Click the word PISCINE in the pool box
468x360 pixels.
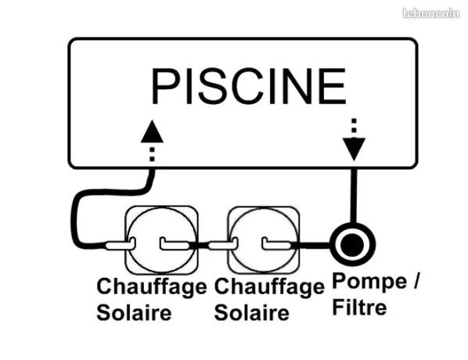[249, 86]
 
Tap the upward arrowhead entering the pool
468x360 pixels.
[152, 131]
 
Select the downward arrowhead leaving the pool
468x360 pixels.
[354, 149]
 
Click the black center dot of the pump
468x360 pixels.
[352, 244]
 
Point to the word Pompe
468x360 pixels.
[369, 281]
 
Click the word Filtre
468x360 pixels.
[359, 308]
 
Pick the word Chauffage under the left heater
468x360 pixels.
[152, 287]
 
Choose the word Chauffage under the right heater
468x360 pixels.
[269, 287]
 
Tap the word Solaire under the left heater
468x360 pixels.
[134, 313]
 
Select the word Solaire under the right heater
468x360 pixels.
[252, 313]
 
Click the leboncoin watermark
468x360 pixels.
[431, 13]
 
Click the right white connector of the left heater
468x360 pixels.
[175, 244]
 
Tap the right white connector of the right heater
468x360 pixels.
[277, 244]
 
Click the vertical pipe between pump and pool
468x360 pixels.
[354, 196]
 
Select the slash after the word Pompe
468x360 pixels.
[416, 281]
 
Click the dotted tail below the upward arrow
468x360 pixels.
[152, 154]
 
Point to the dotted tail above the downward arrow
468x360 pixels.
[354, 126]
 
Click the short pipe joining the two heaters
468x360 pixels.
[200, 245]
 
